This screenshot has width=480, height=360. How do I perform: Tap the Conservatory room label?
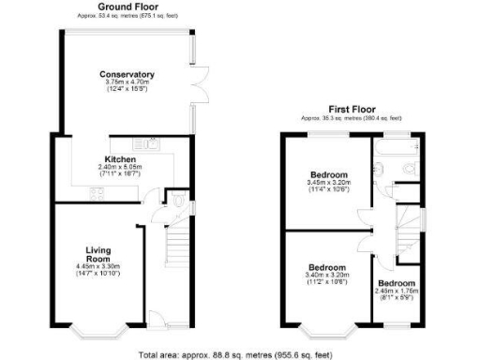[128, 75]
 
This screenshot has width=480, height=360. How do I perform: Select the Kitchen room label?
[121, 160]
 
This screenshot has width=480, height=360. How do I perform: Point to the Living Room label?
[98, 255]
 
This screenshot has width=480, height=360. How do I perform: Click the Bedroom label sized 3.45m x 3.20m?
[329, 175]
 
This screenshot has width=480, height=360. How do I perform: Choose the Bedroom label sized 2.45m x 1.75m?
[397, 283]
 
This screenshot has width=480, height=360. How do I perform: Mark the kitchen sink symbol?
[146, 144]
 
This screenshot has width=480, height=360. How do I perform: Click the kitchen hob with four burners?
[97, 194]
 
